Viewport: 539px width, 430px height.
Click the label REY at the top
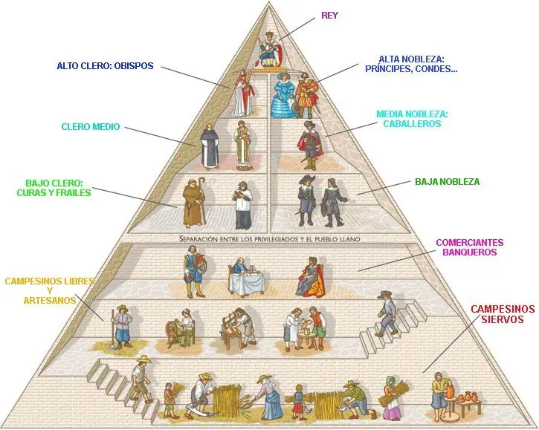pyautogui.click(x=330, y=15)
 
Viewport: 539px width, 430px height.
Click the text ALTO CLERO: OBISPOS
pyautogui.click(x=105, y=66)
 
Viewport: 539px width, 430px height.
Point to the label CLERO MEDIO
pyautogui.click(x=90, y=127)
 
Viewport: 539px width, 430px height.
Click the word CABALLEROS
pyautogui.click(x=412, y=124)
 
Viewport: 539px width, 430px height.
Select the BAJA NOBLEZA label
pyautogui.click(x=447, y=181)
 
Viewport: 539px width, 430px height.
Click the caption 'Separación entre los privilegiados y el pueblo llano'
pyautogui.click(x=269, y=238)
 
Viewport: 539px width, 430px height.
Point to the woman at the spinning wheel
pyautogui.click(x=187, y=327)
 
